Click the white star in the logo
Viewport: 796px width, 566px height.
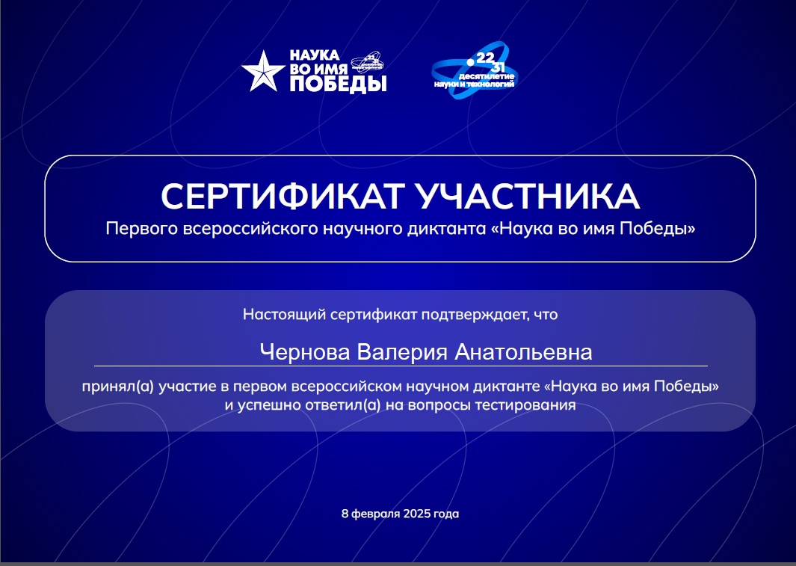(x=263, y=72)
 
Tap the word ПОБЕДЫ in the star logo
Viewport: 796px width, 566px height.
(x=338, y=84)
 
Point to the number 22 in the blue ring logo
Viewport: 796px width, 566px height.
(x=485, y=58)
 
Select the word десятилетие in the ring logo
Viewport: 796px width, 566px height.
(x=487, y=76)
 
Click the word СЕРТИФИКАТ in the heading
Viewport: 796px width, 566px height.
(x=283, y=197)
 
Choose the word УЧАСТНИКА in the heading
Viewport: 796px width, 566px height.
(x=528, y=197)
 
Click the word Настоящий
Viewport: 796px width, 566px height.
(x=284, y=315)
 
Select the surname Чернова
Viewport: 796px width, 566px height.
(x=305, y=351)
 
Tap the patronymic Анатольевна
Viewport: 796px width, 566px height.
(x=523, y=351)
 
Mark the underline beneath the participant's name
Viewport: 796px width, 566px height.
(x=401, y=366)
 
